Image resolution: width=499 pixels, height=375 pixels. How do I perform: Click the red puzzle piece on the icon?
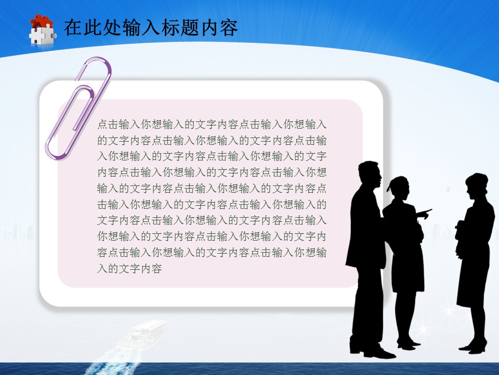[42, 22]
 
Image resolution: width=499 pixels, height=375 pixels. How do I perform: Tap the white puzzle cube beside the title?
[42, 35]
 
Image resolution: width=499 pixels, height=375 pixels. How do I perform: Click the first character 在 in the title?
[72, 28]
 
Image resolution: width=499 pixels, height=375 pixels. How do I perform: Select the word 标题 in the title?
[188, 28]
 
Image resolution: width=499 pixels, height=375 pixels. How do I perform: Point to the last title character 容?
[229, 28]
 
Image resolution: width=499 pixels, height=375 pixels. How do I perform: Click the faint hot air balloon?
[447, 187]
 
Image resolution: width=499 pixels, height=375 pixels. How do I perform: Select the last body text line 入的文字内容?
[129, 269]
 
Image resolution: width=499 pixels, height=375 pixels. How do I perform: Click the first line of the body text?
[212, 125]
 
